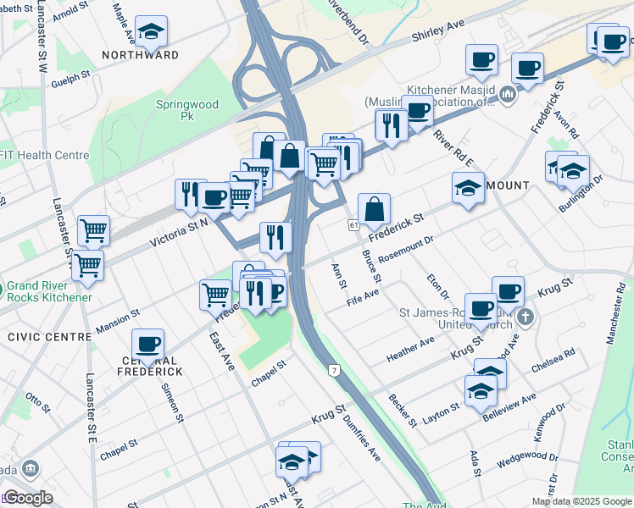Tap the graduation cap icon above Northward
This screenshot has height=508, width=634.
(x=151, y=32)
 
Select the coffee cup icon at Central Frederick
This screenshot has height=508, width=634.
(x=148, y=344)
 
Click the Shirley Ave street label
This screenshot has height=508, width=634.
(x=438, y=31)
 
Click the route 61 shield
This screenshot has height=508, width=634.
(x=353, y=225)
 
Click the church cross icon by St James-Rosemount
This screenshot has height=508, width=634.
(x=526, y=318)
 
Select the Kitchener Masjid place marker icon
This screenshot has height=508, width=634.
(x=509, y=93)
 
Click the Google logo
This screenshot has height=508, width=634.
(x=28, y=498)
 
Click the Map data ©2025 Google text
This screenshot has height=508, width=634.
(x=581, y=501)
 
